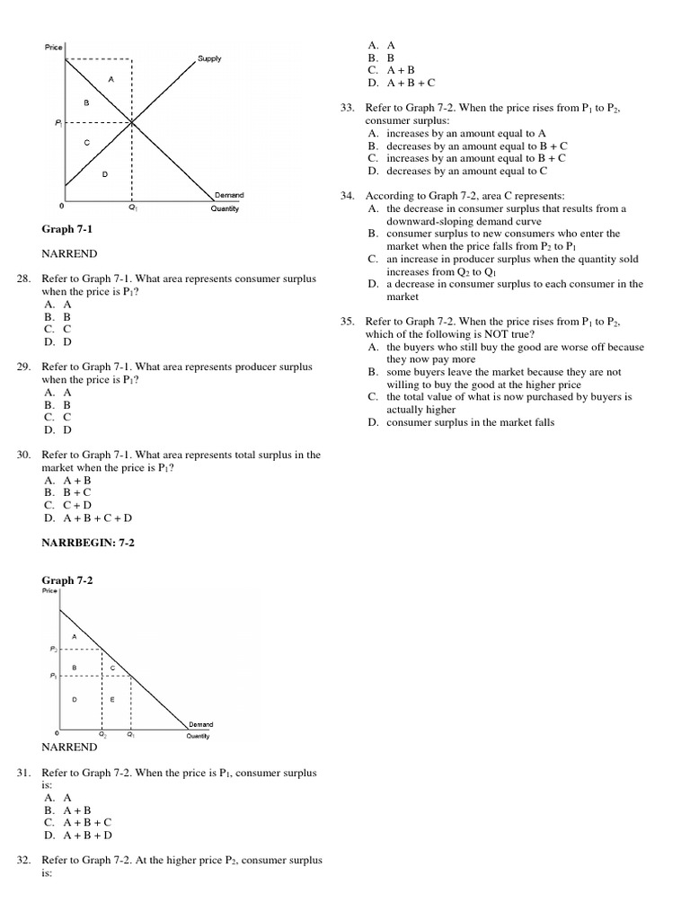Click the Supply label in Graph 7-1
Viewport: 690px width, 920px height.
tap(209, 58)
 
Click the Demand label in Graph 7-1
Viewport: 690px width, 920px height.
tap(229, 194)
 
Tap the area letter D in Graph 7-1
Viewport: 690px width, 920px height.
tap(105, 173)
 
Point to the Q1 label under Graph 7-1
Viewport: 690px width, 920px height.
tap(133, 208)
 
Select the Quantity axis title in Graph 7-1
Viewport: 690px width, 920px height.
tap(225, 208)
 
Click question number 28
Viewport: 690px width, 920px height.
tap(24, 279)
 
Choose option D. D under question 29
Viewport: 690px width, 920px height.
tap(57, 430)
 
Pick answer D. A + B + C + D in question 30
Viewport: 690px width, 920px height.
tap(87, 518)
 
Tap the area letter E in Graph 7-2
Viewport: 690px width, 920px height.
tap(112, 699)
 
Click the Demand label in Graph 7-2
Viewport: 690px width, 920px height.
tap(200, 722)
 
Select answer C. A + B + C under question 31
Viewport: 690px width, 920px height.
tap(77, 822)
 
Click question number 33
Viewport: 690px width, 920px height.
tap(348, 108)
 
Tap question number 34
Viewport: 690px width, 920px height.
tap(348, 195)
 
